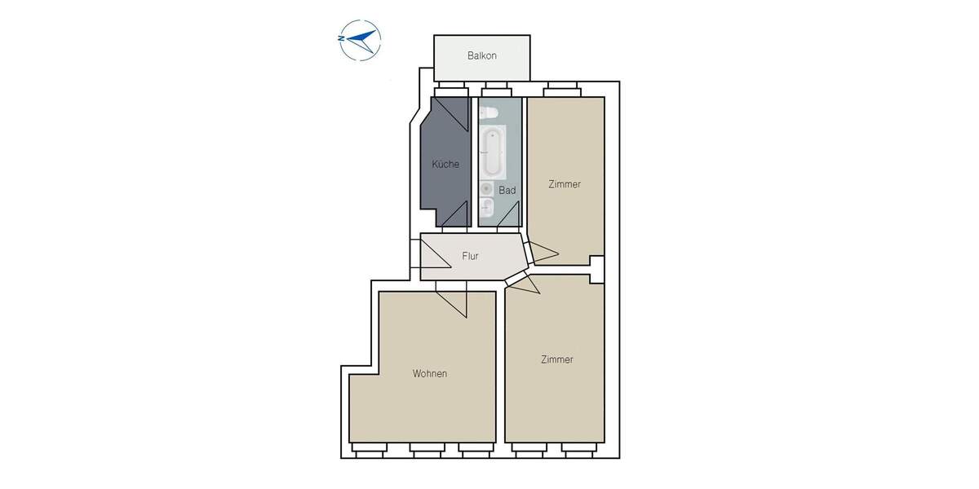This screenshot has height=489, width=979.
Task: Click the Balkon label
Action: pyautogui.click(x=481, y=56)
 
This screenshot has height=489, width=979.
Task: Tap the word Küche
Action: pyautogui.click(x=445, y=164)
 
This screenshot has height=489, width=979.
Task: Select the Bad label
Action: pyautogui.click(x=507, y=190)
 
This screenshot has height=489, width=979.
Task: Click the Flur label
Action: pyautogui.click(x=470, y=256)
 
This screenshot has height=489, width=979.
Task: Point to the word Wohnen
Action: pyautogui.click(x=429, y=374)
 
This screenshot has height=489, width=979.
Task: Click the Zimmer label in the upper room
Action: pyautogui.click(x=565, y=184)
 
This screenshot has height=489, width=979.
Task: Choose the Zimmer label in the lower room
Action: pyautogui.click(x=556, y=359)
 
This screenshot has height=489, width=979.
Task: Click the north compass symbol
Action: pyautogui.click(x=359, y=40)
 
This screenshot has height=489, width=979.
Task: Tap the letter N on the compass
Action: pyautogui.click(x=340, y=37)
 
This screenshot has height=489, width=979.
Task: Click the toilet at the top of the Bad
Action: pyautogui.click(x=489, y=112)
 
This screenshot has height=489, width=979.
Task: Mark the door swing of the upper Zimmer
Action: pyautogui.click(x=543, y=253)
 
